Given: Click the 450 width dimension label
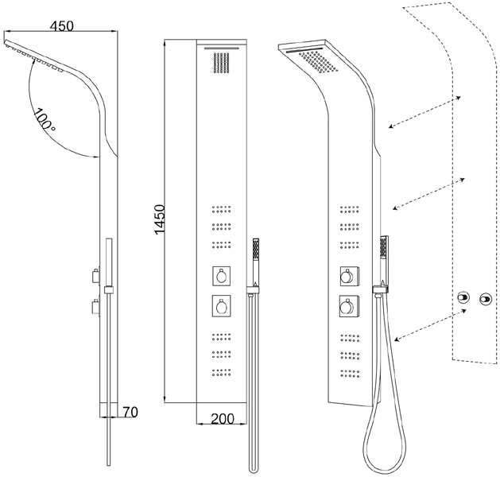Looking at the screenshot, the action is click(x=62, y=25).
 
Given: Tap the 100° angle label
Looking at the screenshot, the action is click(x=44, y=120).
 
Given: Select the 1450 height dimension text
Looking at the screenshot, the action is click(x=160, y=219).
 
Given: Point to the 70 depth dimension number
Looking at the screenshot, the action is click(x=130, y=412).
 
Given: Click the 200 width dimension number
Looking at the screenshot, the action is click(x=223, y=418).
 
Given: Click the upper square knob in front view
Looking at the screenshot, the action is click(x=222, y=275).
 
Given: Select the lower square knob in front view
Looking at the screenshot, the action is click(x=222, y=306).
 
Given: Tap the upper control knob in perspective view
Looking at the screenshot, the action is click(x=349, y=276).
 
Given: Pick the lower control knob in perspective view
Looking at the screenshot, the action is click(x=349, y=306).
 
